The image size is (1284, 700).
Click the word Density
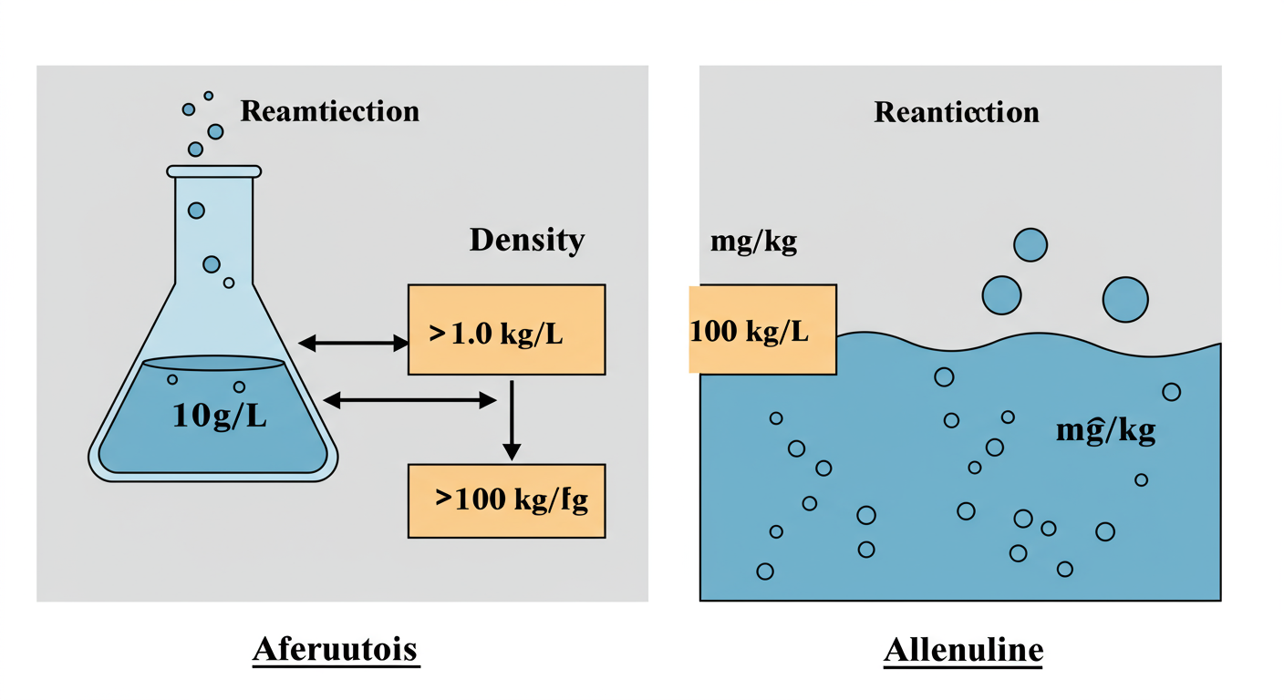tap(526, 241)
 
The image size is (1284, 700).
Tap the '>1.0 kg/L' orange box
tap(507, 330)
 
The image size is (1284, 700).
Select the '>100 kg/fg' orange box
tap(507, 500)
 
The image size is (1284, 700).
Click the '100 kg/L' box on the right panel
tap(762, 330)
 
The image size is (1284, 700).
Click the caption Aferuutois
tap(335, 650)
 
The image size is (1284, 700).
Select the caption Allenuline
tap(963, 650)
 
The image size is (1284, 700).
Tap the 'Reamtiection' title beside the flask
tap(329, 111)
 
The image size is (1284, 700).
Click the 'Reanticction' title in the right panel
tap(957, 112)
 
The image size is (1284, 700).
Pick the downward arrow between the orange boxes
tap(512, 420)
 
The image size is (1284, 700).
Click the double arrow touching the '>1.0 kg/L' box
tap(354, 343)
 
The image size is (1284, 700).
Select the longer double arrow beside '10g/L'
tap(410, 399)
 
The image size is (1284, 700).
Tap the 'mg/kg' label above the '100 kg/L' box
tap(753, 243)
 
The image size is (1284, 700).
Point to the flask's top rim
tap(214, 170)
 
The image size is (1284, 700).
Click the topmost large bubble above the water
tap(1030, 245)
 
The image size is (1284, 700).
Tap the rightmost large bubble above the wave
tap(1125, 299)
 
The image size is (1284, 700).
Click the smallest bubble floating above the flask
tap(209, 95)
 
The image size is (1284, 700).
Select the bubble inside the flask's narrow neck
tap(196, 211)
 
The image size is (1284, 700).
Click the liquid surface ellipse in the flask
tap(214, 363)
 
